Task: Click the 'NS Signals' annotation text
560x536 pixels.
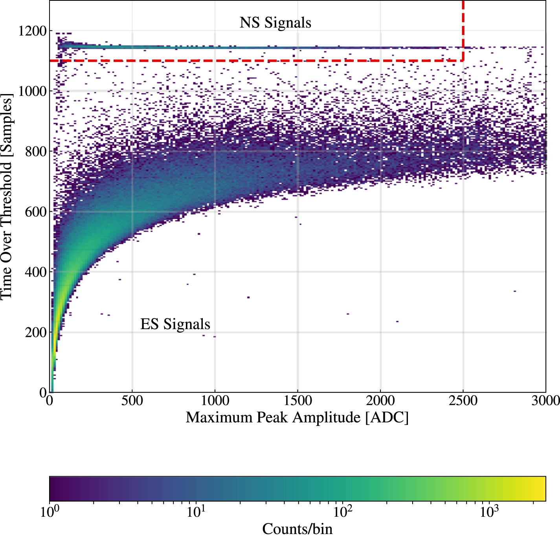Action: (x=275, y=23)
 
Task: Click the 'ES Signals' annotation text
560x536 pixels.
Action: (x=175, y=324)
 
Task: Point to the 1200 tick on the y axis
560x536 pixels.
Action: (x=32, y=31)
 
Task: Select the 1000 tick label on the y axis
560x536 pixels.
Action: (x=32, y=91)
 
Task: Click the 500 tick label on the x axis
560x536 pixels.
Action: (x=132, y=401)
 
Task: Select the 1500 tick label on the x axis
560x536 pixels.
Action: (x=298, y=401)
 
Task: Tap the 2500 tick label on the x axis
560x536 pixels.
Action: (x=463, y=401)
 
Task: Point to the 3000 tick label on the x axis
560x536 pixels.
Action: (x=545, y=401)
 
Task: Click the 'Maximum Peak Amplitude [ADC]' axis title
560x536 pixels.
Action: (x=297, y=418)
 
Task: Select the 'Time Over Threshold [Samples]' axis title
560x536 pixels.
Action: (x=7, y=196)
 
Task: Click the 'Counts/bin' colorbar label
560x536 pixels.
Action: (x=297, y=529)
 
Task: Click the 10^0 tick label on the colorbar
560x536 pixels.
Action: (x=50, y=512)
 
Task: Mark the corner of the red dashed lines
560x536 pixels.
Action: (x=463, y=61)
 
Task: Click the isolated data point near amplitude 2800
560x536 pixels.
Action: (x=514, y=291)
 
